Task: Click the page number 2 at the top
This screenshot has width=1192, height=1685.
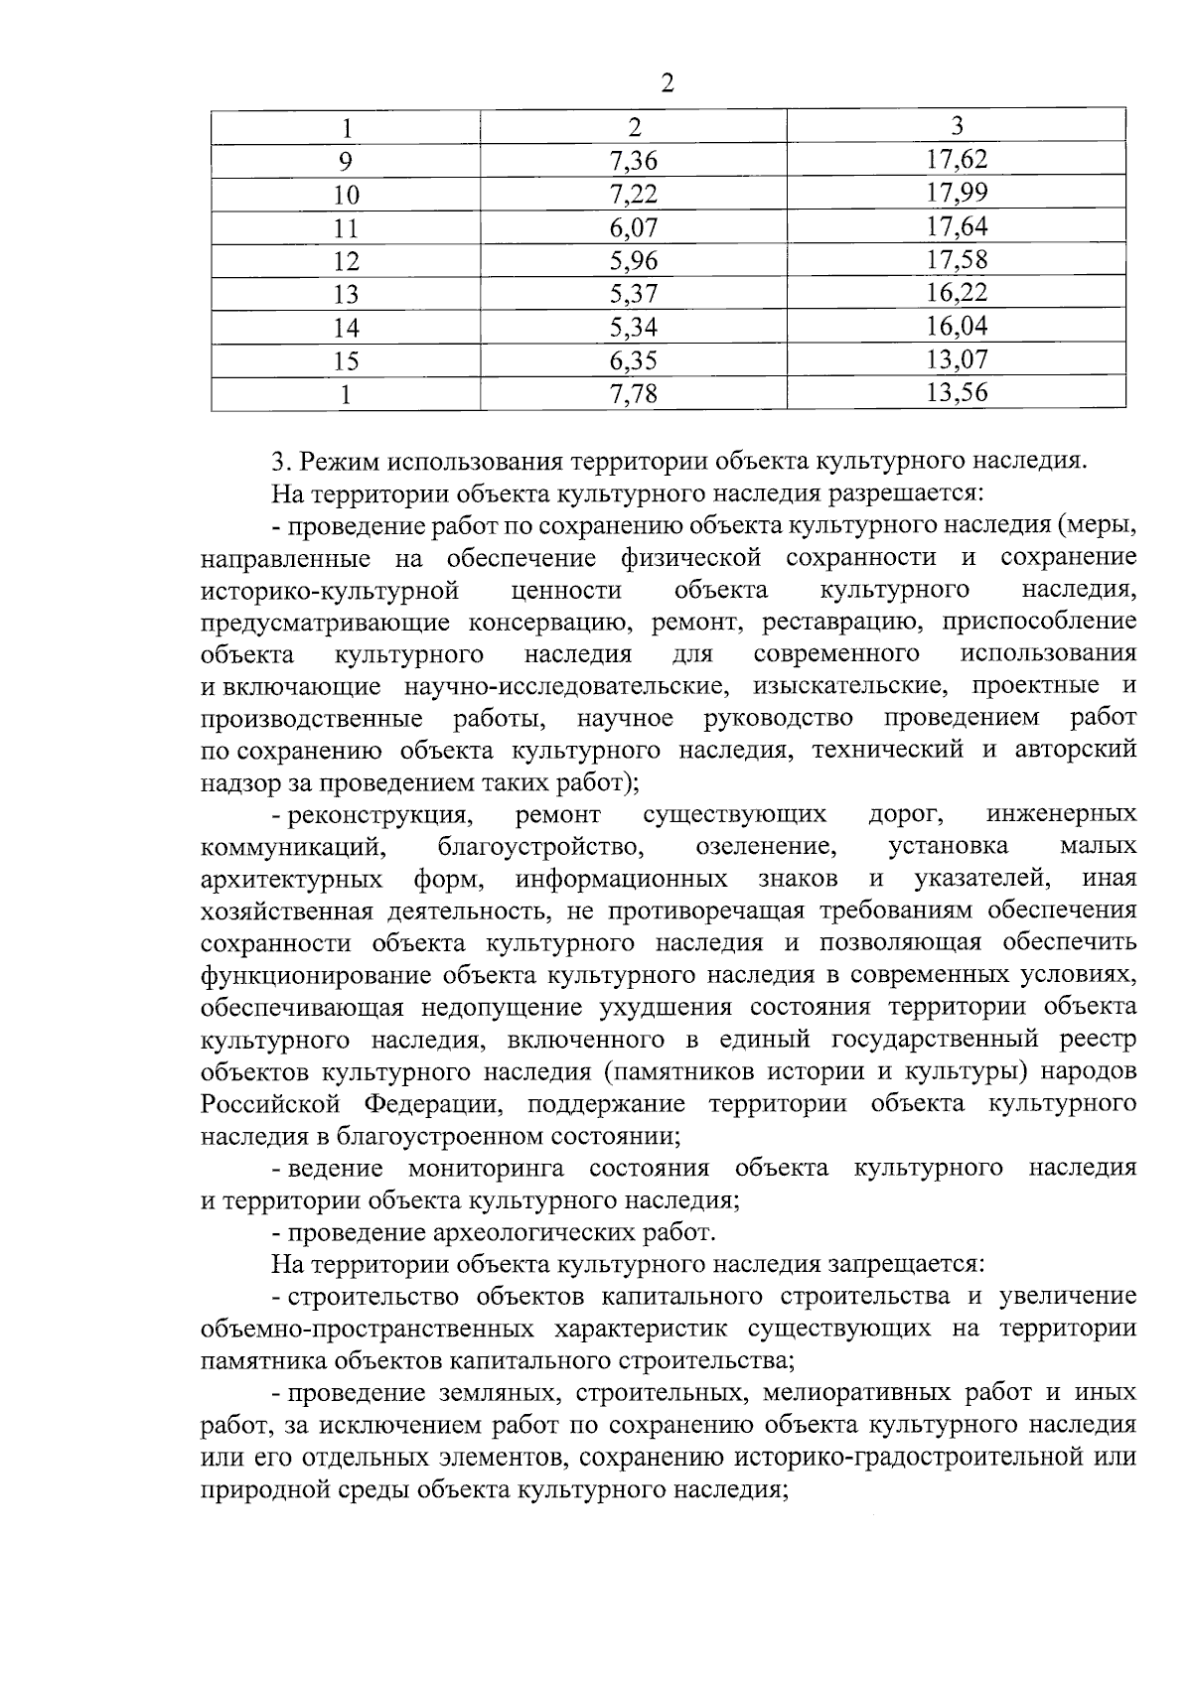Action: point(668,84)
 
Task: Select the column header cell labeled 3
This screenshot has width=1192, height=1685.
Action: point(957,126)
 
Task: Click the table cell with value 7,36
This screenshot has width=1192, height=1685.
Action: point(634,161)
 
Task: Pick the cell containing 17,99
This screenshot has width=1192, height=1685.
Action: point(957,194)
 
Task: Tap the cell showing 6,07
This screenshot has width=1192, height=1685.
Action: point(634,227)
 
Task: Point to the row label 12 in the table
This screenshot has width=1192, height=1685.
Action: point(346,261)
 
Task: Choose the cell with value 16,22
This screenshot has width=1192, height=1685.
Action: point(957,294)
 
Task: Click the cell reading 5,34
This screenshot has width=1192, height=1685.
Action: point(634,328)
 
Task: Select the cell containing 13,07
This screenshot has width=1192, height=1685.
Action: point(957,360)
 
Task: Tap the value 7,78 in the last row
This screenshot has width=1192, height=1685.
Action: point(634,394)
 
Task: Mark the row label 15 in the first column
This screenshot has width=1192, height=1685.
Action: point(346,361)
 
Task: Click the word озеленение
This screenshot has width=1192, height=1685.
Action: point(764,846)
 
